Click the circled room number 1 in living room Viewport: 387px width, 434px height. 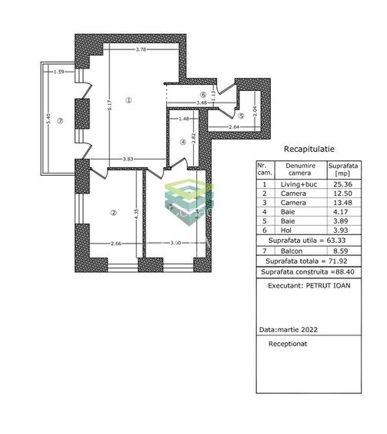click(x=129, y=99)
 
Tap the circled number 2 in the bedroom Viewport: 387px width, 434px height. click(x=112, y=214)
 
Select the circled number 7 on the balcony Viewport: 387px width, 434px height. click(x=58, y=120)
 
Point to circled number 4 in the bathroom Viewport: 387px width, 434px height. click(x=183, y=141)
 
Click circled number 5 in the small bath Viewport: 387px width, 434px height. click(x=240, y=116)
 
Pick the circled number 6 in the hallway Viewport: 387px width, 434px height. click(x=202, y=94)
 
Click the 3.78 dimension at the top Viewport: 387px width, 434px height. click(x=140, y=49)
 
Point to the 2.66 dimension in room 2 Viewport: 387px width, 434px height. click(x=115, y=244)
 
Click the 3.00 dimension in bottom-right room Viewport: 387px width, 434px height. click(x=175, y=244)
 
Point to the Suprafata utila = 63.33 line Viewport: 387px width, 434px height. click(x=301, y=239)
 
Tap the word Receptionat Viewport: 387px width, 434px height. click(x=288, y=345)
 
